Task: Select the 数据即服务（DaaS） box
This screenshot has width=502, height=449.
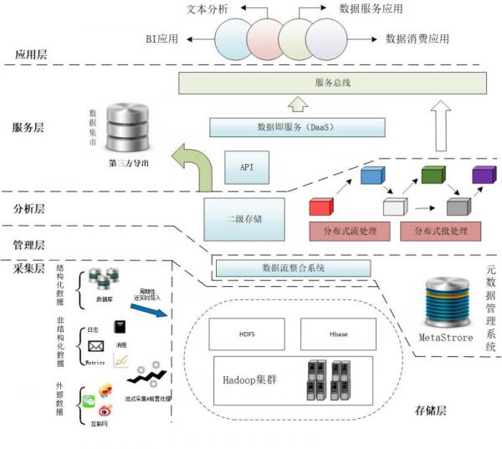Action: [297, 128]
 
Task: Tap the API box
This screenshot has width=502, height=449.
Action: [247, 168]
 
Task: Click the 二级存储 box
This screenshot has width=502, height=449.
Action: [244, 218]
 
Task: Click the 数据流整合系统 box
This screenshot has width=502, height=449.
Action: [293, 268]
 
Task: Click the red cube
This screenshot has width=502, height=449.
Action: [321, 207]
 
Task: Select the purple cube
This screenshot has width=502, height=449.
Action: [483, 176]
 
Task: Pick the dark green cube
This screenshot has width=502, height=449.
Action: [433, 176]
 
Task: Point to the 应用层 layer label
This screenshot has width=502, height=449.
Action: [31, 54]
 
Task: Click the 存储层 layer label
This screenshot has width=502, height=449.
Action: [433, 411]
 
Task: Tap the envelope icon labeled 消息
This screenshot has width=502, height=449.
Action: [95, 346]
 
